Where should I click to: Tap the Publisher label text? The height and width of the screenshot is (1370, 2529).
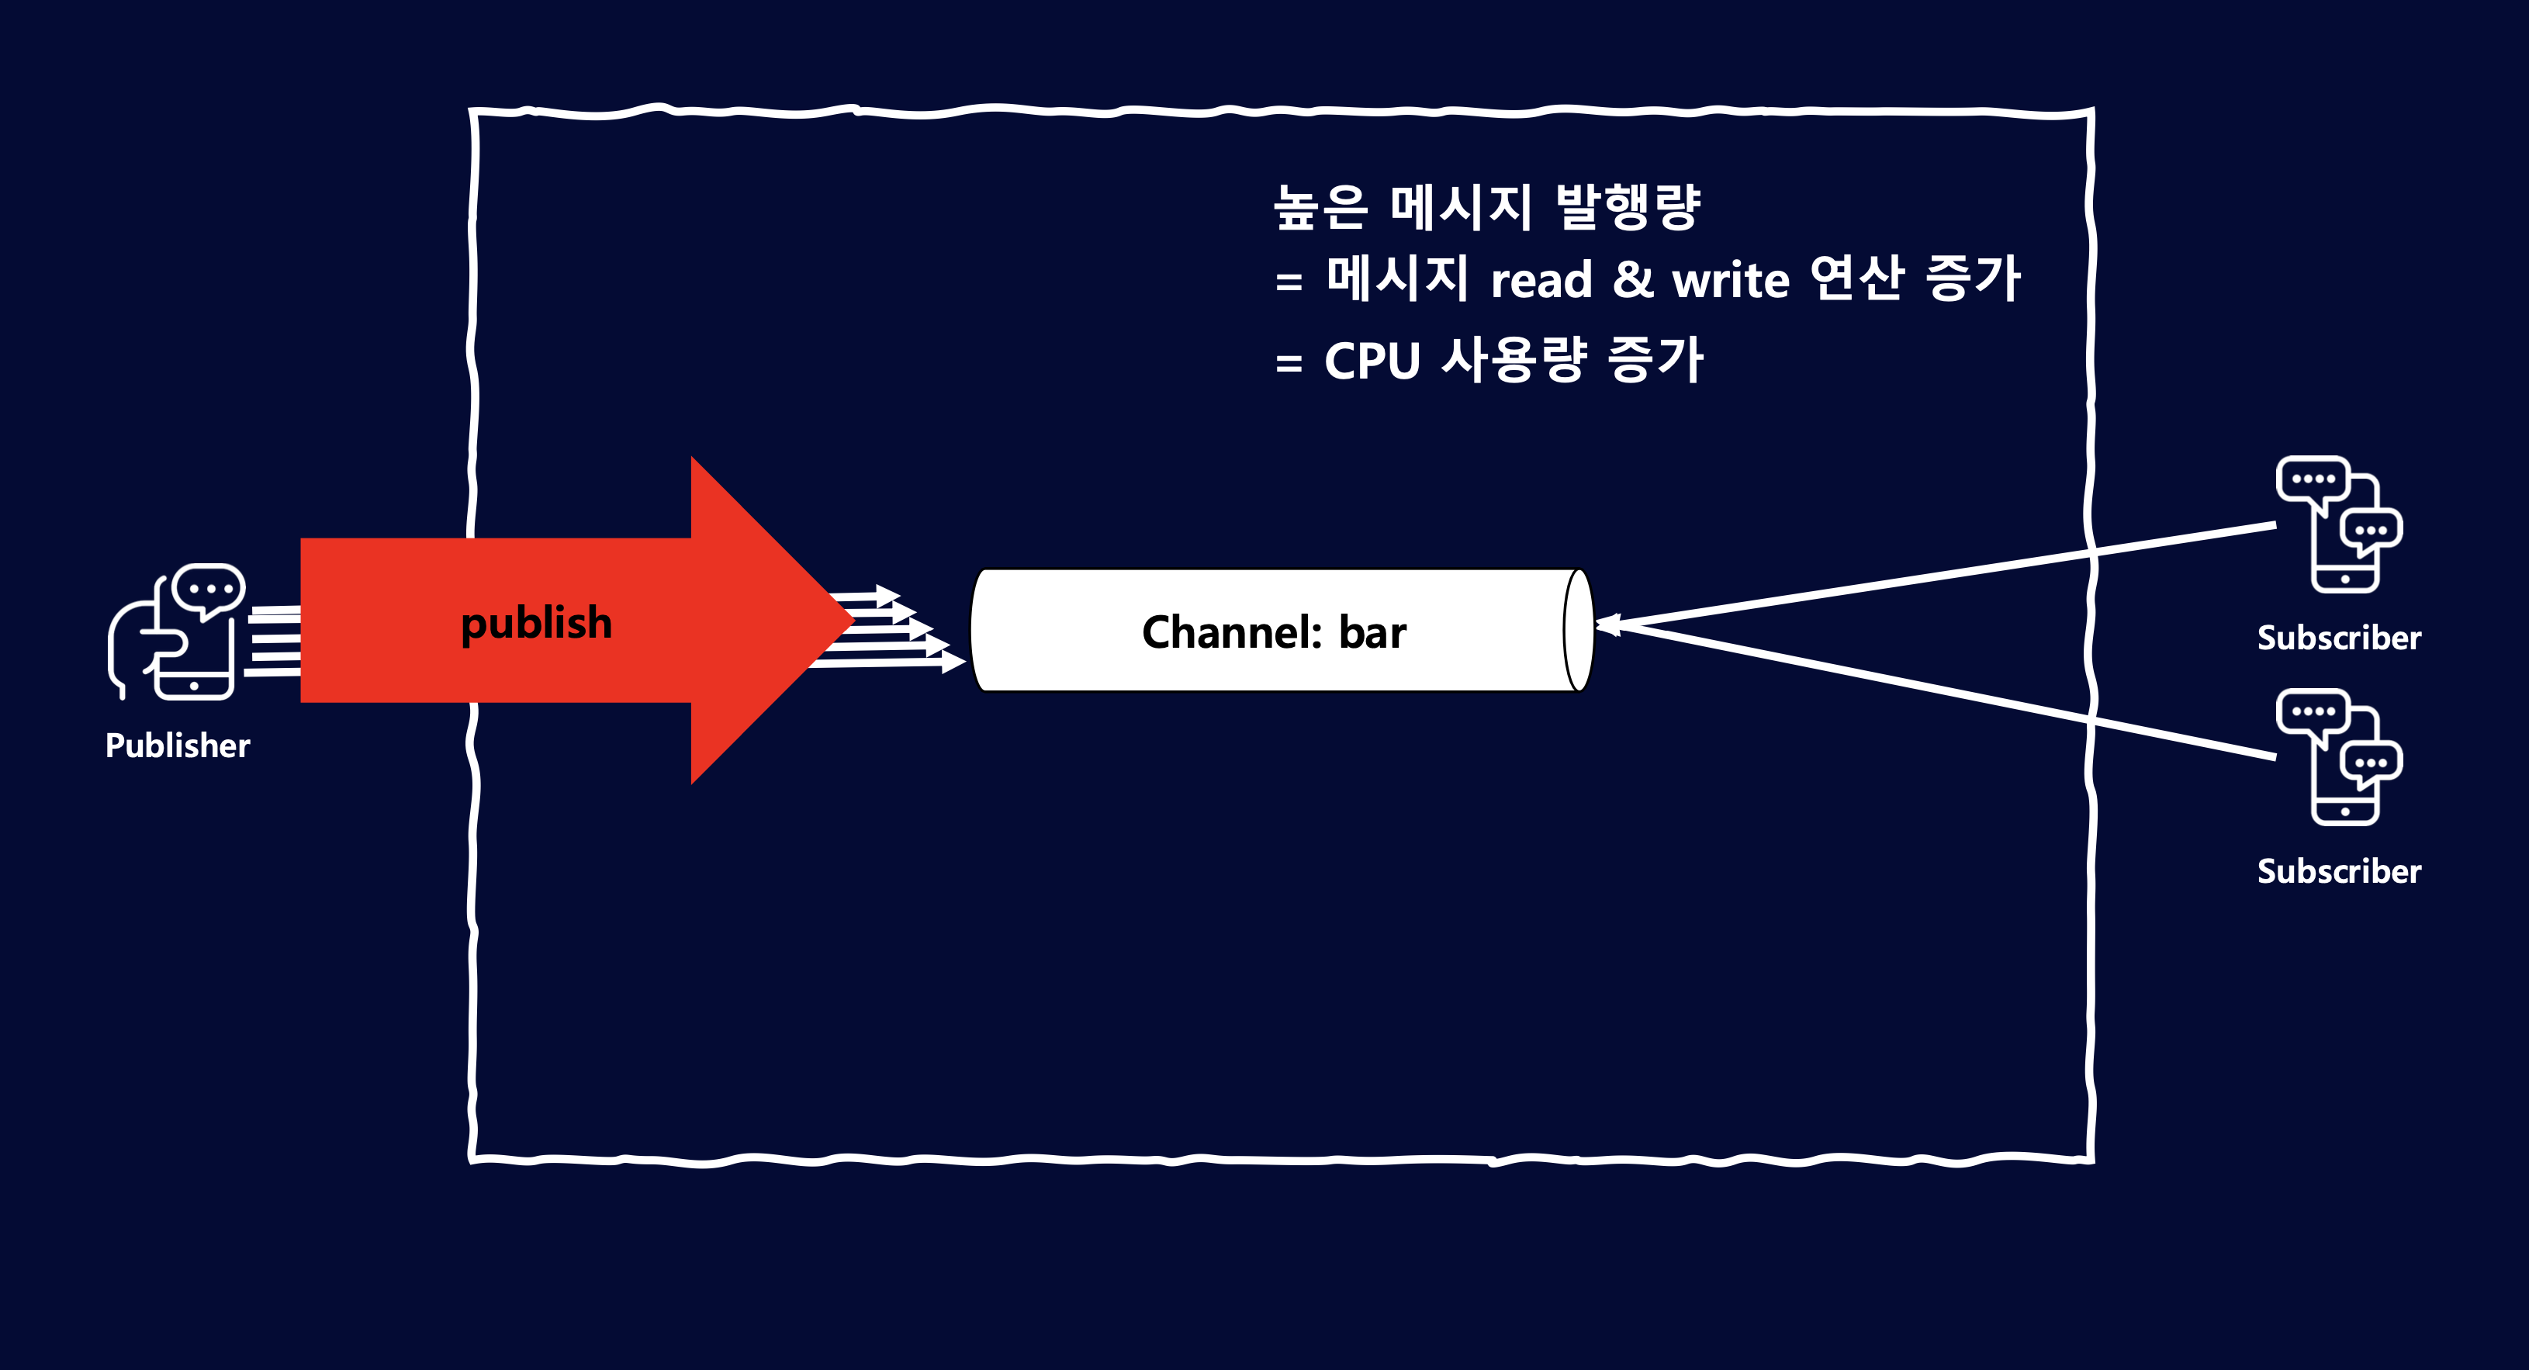(x=178, y=746)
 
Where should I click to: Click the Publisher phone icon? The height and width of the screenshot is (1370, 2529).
(x=177, y=631)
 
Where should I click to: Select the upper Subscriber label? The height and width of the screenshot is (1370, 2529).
(x=2338, y=638)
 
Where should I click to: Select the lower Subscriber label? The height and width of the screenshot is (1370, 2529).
(x=2338, y=871)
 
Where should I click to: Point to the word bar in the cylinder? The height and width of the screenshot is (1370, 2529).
(x=1372, y=631)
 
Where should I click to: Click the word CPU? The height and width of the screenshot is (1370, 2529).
(x=1372, y=361)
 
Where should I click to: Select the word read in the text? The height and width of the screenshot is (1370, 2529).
(x=1541, y=280)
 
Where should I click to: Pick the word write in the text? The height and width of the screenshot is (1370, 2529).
(x=1731, y=280)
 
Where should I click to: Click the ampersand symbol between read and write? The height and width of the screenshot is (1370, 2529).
(x=1633, y=280)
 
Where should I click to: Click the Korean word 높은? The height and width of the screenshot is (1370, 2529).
(x=1320, y=207)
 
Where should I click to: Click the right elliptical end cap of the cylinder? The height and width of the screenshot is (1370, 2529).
(x=1578, y=631)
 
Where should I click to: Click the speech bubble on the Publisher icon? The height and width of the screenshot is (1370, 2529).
(x=208, y=590)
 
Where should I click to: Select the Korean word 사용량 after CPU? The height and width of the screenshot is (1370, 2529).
(x=1514, y=358)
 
